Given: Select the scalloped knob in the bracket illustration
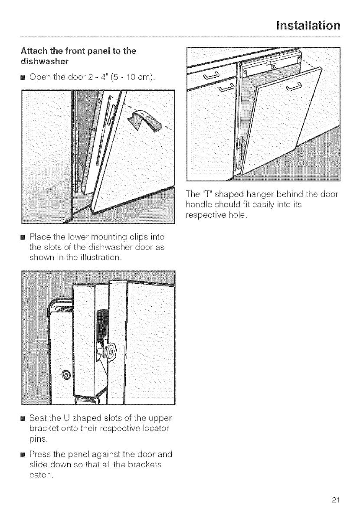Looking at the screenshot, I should [x=107, y=347].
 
